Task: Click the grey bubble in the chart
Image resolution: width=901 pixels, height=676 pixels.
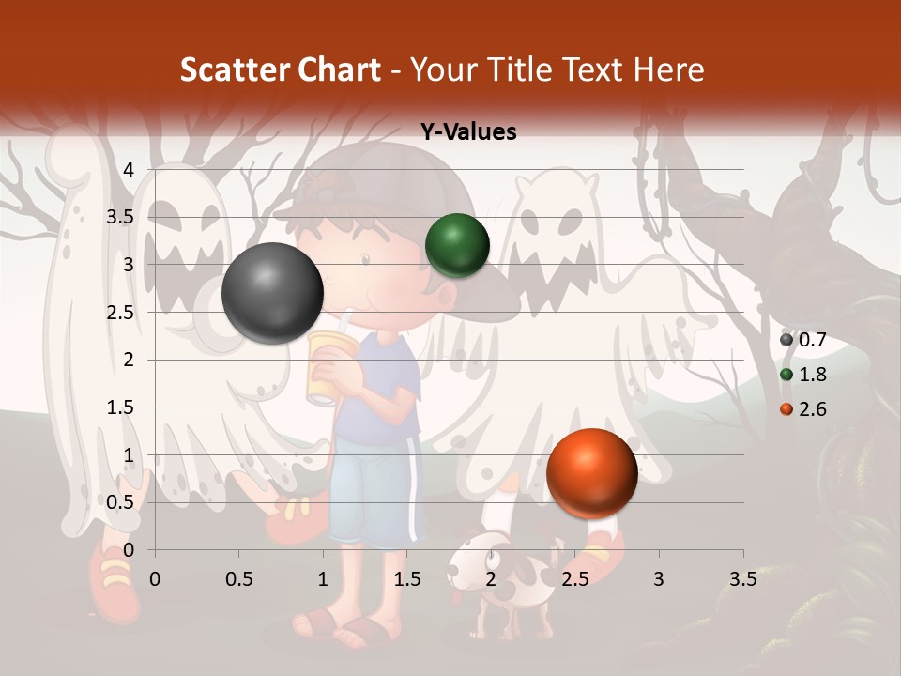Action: tap(273, 293)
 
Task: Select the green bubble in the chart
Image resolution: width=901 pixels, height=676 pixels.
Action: tap(457, 246)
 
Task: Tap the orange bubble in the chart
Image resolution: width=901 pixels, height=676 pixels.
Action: tap(591, 474)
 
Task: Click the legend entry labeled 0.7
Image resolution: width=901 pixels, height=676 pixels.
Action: tap(803, 340)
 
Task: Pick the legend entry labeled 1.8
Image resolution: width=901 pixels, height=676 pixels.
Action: tap(803, 375)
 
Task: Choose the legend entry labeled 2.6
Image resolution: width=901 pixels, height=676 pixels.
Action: tap(803, 409)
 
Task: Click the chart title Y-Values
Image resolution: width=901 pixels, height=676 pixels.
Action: tap(468, 132)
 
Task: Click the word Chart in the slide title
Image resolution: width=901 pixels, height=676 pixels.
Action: tap(339, 69)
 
